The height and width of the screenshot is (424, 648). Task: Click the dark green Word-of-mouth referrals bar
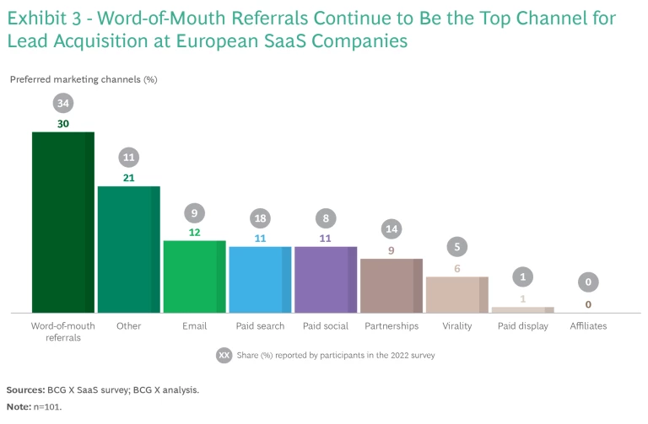(x=63, y=223)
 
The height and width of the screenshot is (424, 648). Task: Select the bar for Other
(x=128, y=250)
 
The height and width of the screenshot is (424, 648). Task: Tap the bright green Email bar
(x=194, y=276)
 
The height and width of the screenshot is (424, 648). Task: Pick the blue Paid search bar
(x=260, y=280)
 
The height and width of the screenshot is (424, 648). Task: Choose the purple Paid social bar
(x=326, y=280)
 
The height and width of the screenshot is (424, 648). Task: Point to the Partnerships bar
(x=391, y=286)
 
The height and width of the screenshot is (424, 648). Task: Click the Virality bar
(x=456, y=294)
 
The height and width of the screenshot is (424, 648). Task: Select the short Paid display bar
(x=522, y=309)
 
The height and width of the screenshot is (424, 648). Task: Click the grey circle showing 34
(x=63, y=103)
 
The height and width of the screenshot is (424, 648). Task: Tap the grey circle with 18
(x=260, y=217)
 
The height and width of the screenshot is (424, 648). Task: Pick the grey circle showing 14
(x=391, y=228)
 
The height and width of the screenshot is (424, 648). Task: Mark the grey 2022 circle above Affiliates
(x=588, y=282)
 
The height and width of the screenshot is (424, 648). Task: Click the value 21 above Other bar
(x=129, y=178)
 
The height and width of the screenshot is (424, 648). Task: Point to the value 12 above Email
(x=194, y=233)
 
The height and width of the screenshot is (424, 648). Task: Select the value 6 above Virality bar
(x=457, y=268)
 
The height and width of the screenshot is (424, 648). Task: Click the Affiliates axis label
(x=588, y=325)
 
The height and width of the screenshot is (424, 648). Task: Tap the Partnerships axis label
(x=391, y=325)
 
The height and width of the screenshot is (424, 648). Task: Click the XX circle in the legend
(x=224, y=355)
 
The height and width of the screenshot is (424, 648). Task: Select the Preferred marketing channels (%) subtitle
(x=84, y=79)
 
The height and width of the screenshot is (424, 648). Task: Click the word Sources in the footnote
(x=25, y=390)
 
